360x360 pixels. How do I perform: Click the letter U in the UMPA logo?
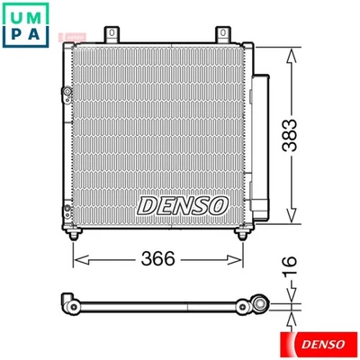15,14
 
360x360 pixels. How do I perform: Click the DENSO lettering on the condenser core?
183,204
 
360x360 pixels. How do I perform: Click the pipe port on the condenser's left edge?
66,95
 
